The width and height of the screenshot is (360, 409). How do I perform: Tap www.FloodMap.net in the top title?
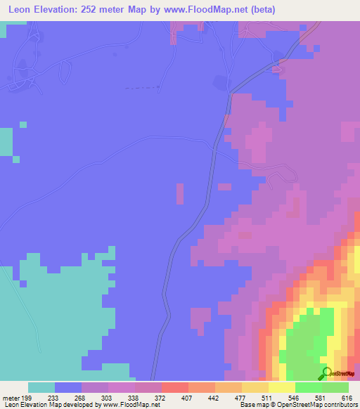[x=207, y=10]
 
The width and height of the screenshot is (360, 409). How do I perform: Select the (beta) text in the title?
[x=260, y=10]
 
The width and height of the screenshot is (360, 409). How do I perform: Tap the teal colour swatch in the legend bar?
[x=41, y=387]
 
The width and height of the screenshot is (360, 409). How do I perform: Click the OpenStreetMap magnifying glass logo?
[x=326, y=372]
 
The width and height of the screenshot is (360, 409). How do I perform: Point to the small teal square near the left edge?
[x=23, y=124]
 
